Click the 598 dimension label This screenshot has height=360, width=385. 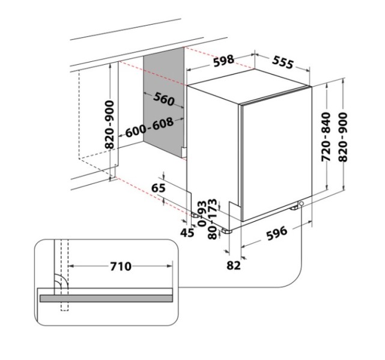223,61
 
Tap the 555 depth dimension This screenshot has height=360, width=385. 283,62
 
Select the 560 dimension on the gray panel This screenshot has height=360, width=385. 164,99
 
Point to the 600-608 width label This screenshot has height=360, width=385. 150,127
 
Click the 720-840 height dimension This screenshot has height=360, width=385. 326,137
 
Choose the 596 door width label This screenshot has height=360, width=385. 277,233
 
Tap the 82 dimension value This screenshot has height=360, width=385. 234,266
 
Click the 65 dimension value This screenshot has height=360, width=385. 159,188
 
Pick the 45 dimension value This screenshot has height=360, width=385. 187,232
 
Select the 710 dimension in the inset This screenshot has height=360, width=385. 121,266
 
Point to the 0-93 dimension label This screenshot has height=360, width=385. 202,213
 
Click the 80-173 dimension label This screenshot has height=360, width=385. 213,219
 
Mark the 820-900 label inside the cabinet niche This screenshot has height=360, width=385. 109,124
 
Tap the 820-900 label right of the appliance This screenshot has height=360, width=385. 343,137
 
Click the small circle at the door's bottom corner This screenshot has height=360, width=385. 301,204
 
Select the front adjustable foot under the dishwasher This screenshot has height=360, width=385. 227,231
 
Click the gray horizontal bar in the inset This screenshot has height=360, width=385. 106,298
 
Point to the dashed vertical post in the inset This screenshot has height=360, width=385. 65,275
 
